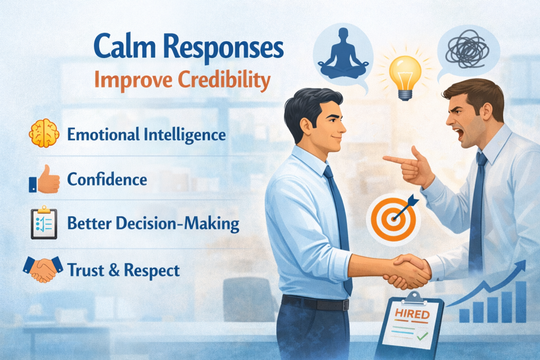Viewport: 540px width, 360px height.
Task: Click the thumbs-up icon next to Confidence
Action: (x=43, y=179)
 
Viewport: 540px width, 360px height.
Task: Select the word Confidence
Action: (x=107, y=179)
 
